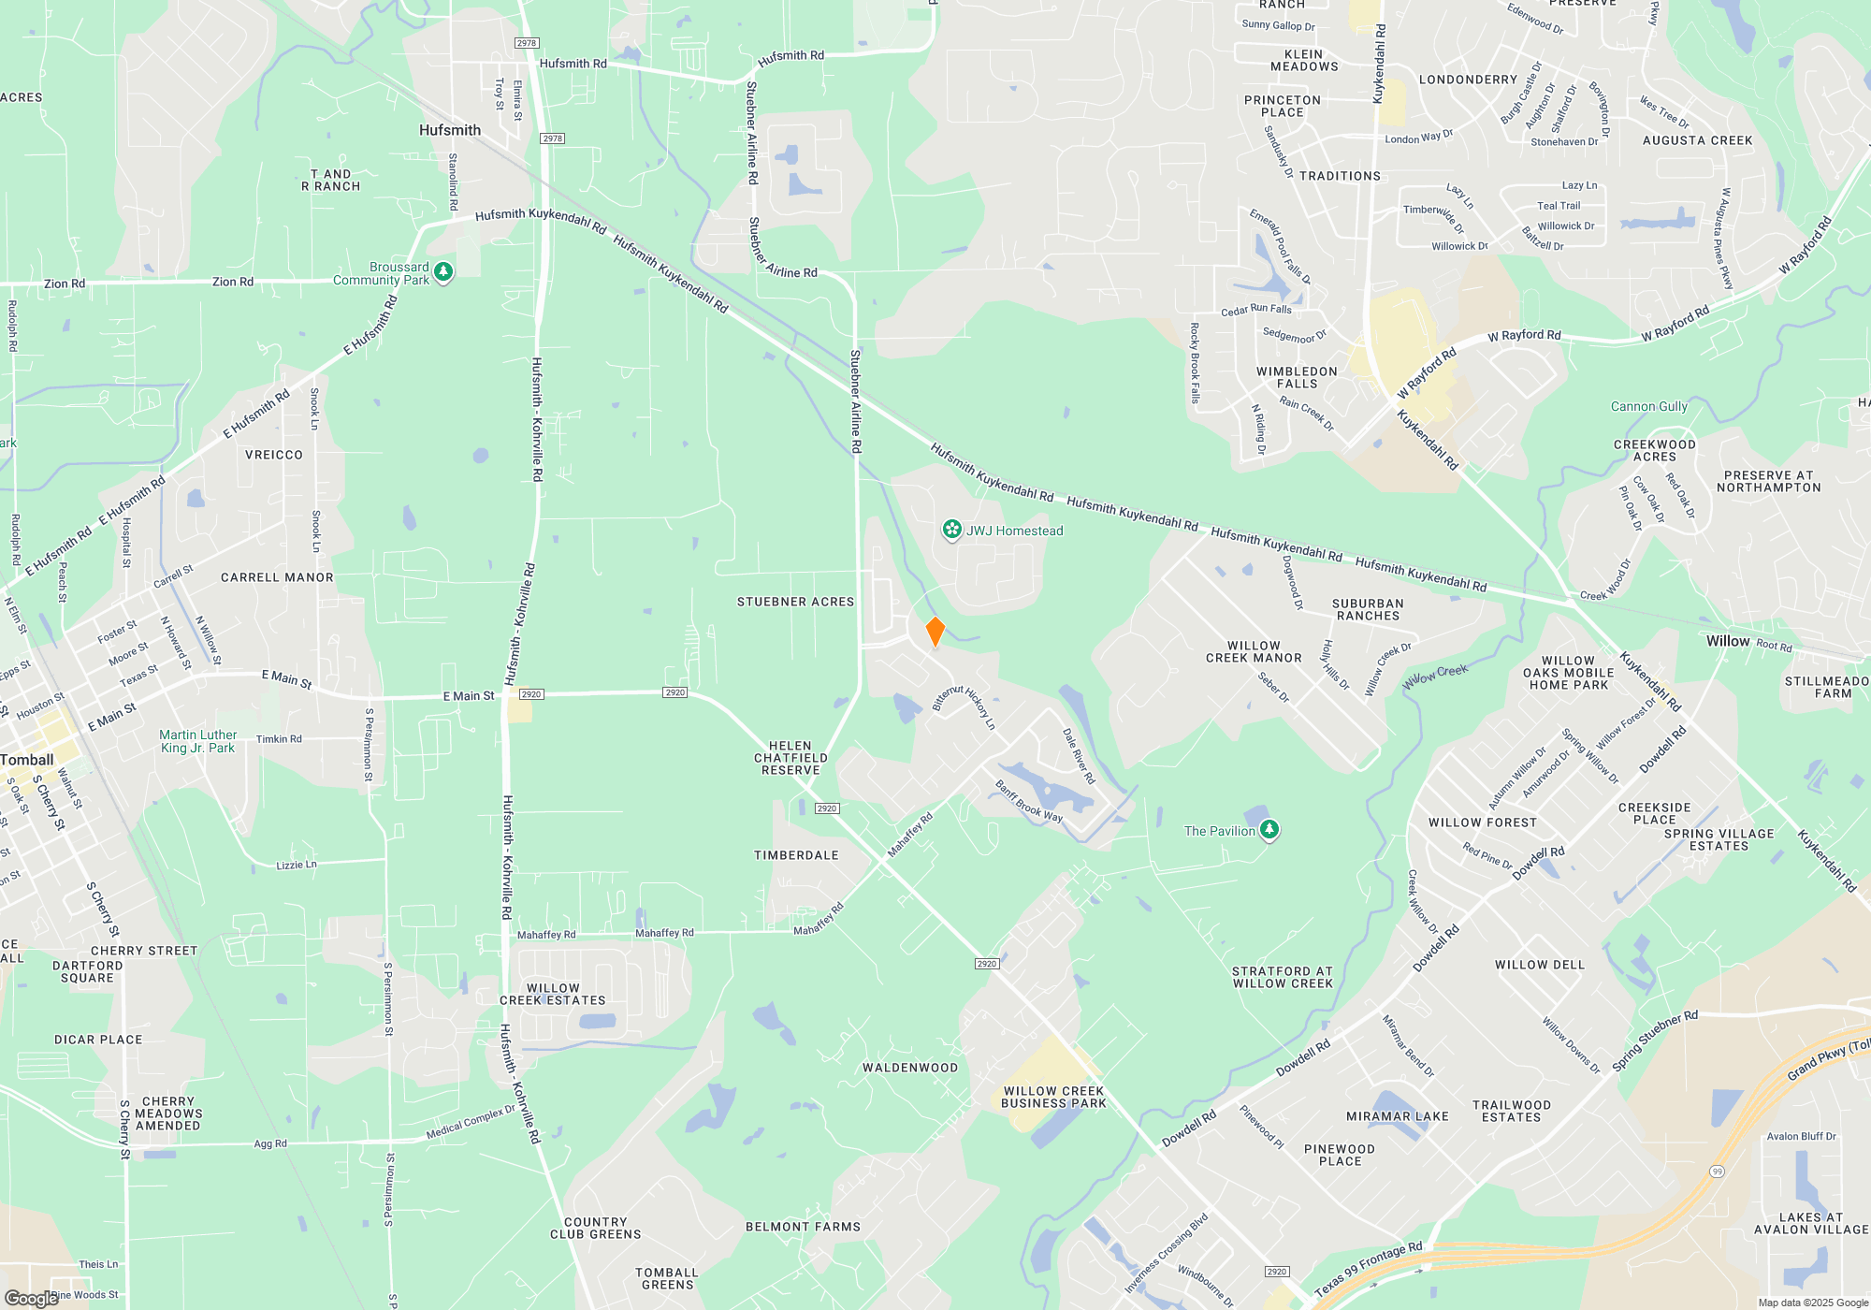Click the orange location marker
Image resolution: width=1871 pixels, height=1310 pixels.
(x=935, y=632)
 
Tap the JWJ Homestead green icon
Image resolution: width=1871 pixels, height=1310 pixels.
(x=951, y=531)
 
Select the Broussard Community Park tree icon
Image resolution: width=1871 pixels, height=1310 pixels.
(x=443, y=272)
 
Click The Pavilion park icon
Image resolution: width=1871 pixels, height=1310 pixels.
(x=1269, y=830)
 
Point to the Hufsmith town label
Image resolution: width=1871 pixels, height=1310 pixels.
(x=450, y=130)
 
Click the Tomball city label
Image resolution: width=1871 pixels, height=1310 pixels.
(x=27, y=760)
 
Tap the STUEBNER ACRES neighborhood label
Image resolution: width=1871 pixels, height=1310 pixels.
(x=795, y=602)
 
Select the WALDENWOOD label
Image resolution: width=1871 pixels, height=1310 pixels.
(x=909, y=1068)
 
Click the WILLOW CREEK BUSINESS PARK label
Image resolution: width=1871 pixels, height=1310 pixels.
(x=1053, y=1097)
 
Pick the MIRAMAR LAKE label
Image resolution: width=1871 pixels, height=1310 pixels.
(x=1397, y=1116)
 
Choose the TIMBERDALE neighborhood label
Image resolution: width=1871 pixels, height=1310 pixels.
(x=796, y=855)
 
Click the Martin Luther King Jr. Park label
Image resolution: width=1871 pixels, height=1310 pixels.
(x=197, y=741)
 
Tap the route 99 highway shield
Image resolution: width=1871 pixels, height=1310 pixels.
(x=1717, y=1171)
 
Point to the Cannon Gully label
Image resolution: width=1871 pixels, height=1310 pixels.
(x=1648, y=406)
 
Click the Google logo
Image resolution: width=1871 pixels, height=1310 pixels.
(x=31, y=1298)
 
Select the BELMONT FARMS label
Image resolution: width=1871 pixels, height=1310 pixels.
(x=803, y=1227)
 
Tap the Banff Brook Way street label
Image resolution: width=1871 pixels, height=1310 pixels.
(x=1029, y=802)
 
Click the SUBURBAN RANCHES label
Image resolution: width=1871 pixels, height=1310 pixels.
(x=1368, y=609)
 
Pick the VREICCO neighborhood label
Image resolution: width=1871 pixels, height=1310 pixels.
(x=273, y=455)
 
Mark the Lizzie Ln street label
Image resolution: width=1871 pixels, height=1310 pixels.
(x=297, y=865)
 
